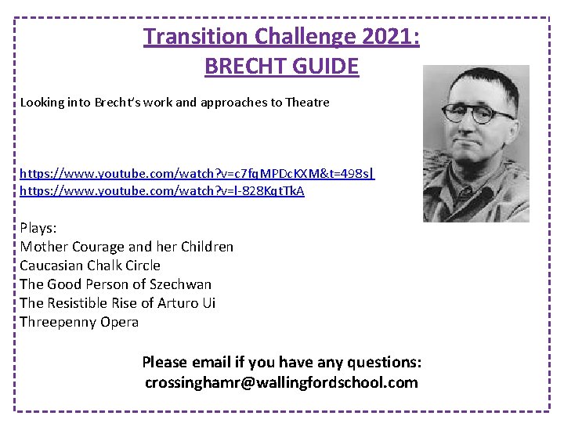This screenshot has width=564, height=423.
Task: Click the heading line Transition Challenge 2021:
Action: pyautogui.click(x=281, y=36)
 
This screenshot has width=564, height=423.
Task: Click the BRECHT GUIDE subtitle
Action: pyautogui.click(x=281, y=66)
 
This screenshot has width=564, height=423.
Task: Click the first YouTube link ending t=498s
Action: pyautogui.click(x=197, y=172)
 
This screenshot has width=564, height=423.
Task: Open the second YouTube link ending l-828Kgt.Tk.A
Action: pyautogui.click(x=162, y=191)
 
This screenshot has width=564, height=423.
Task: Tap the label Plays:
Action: pyautogui.click(x=38, y=228)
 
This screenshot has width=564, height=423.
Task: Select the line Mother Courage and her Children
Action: pyautogui.click(x=126, y=247)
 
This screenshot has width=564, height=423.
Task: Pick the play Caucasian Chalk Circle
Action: pyautogui.click(x=90, y=266)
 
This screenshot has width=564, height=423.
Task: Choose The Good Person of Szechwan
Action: pyautogui.click(x=115, y=284)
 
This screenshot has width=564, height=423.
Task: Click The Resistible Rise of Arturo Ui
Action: pyautogui.click(x=117, y=303)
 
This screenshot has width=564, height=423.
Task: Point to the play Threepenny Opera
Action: pyautogui.click(x=79, y=322)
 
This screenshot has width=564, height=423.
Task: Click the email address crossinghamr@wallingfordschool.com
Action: pyautogui.click(x=281, y=383)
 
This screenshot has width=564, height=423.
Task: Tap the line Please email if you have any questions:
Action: pyautogui.click(x=281, y=363)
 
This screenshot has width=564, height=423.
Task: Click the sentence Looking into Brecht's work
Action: pyautogui.click(x=175, y=103)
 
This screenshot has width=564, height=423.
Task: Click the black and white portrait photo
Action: pyautogui.click(x=475, y=143)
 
